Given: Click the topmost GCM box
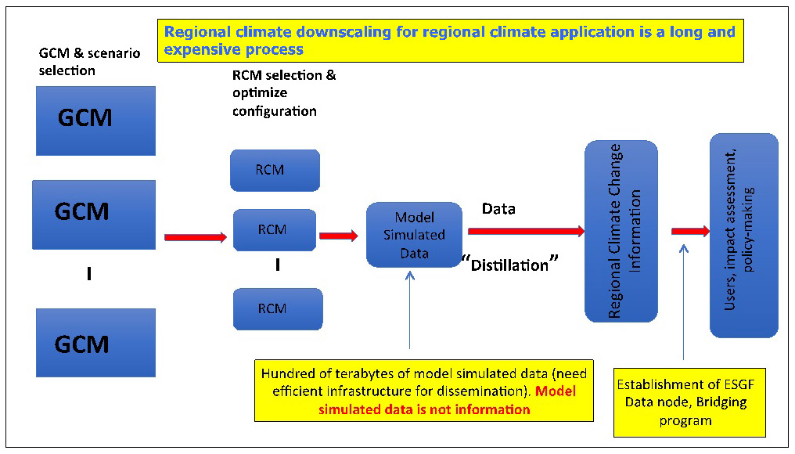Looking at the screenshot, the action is (x=95, y=121).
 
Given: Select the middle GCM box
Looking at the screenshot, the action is (x=94, y=214).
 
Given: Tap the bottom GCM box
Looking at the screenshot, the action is (x=95, y=342).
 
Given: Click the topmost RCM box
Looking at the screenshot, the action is (x=275, y=171).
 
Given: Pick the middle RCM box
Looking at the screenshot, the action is (x=275, y=230).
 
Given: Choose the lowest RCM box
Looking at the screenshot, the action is (x=278, y=309).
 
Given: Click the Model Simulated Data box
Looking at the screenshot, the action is (x=414, y=235).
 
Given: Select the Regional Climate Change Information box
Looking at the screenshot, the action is (x=621, y=232).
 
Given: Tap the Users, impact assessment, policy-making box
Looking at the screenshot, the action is (x=744, y=236).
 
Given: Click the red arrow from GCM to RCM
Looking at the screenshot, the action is (x=196, y=237).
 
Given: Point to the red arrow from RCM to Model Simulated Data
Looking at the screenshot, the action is (x=339, y=236).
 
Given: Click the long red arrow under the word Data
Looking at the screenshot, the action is (x=527, y=232).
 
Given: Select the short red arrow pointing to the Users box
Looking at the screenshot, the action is (x=691, y=232).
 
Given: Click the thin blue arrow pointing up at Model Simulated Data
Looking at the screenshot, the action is (x=410, y=310).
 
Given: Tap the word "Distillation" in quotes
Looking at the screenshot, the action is (x=509, y=265).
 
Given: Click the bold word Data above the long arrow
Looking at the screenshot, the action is (x=498, y=208).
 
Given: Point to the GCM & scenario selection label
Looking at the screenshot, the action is (x=89, y=61).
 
